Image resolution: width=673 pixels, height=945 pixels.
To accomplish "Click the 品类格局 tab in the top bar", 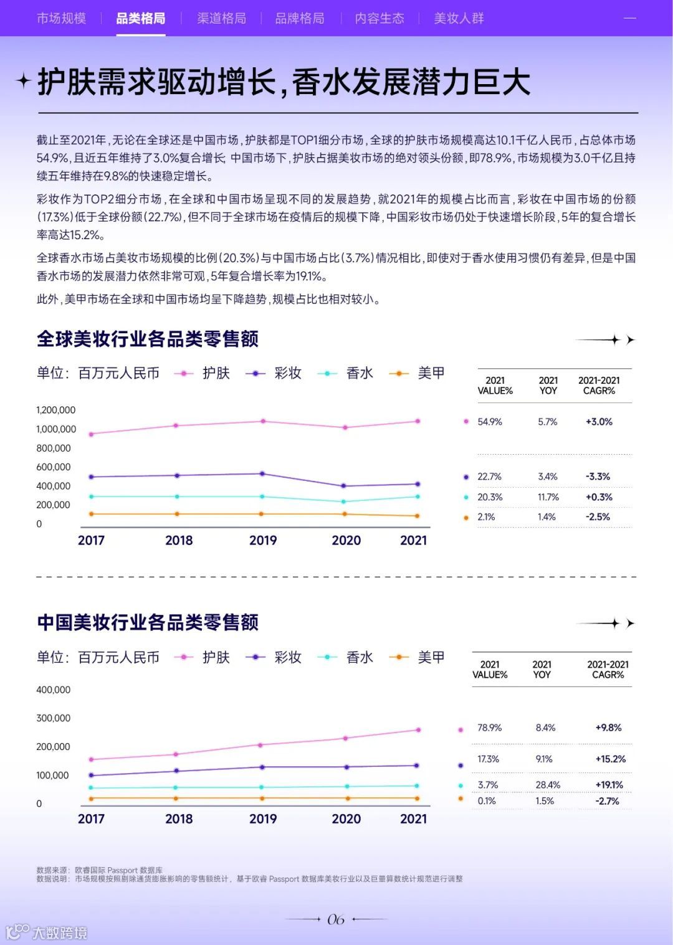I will click(x=141, y=19).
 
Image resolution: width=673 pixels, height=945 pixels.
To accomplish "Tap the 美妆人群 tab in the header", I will click(x=459, y=19).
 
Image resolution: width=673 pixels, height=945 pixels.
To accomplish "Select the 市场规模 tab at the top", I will click(x=61, y=19).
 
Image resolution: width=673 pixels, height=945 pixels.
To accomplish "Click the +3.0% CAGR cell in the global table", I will click(x=599, y=422).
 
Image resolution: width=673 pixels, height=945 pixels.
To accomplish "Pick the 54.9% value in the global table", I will click(x=490, y=422).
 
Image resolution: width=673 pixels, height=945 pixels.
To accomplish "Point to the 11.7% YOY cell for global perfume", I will click(x=548, y=497).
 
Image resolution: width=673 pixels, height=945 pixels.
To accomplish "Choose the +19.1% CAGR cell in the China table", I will click(x=609, y=785).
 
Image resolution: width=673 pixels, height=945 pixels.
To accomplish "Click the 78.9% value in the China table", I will click(x=489, y=728).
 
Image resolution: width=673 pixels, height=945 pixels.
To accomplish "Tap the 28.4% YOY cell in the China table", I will click(x=548, y=785).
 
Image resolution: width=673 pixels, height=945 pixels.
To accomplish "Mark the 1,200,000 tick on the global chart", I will click(x=55, y=410).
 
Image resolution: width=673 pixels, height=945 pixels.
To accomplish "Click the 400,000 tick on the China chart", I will click(x=54, y=690).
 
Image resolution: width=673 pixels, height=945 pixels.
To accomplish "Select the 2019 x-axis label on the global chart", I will click(x=263, y=541).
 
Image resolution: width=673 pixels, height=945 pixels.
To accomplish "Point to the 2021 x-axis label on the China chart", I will click(x=413, y=819).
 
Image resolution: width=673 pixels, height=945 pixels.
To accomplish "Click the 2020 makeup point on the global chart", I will click(x=346, y=486).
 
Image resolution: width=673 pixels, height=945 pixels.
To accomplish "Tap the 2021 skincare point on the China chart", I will click(x=418, y=729).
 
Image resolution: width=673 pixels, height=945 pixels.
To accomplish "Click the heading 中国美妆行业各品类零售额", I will click(x=148, y=622).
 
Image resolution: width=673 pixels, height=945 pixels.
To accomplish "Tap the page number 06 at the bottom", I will click(x=336, y=919).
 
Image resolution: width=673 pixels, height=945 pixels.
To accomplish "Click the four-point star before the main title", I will click(x=23, y=81).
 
